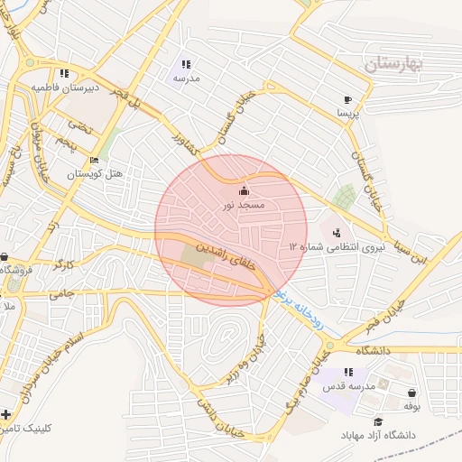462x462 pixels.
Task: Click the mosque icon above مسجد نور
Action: click(244, 191)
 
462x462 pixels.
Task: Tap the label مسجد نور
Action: click(244, 206)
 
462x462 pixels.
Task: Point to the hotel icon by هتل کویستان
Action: click(95, 161)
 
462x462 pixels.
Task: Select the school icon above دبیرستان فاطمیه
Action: click(62, 73)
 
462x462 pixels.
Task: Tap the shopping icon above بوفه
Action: click(412, 393)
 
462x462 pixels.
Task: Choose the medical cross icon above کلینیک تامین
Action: click(7, 416)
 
